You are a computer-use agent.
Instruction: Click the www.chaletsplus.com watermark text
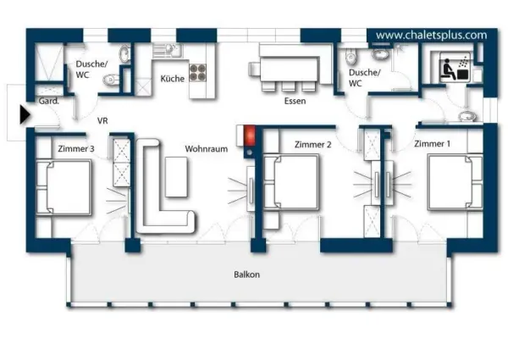click(x=431, y=35)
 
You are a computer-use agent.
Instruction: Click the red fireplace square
click(x=249, y=135)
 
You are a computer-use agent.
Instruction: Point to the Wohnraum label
click(x=207, y=148)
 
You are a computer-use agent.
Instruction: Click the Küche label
click(x=172, y=79)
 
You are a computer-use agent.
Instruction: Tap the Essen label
click(x=295, y=101)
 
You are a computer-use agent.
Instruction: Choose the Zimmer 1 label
click(x=432, y=144)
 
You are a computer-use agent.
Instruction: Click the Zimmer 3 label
click(x=75, y=148)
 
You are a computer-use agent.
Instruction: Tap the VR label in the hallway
click(x=102, y=121)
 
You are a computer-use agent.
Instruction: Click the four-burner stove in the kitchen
click(x=198, y=73)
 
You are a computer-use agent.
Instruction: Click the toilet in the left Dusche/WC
click(x=109, y=80)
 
